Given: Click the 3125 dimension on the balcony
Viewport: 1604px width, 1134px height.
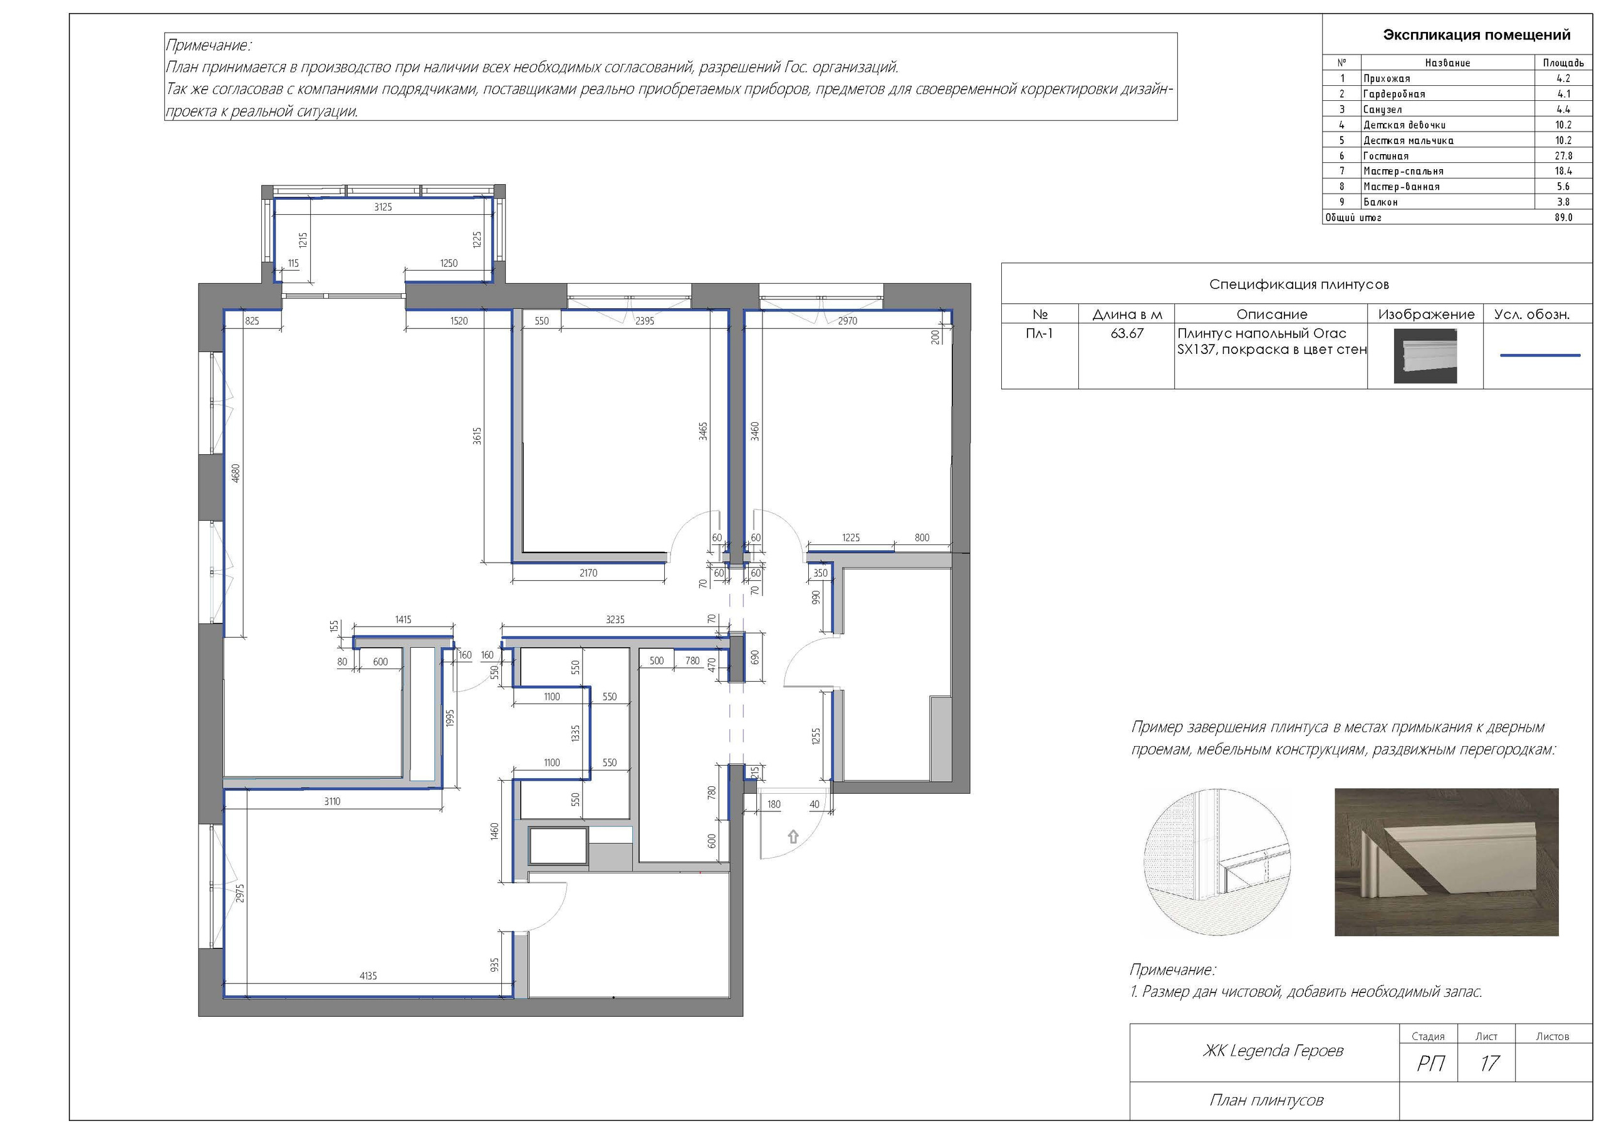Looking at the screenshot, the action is [383, 207].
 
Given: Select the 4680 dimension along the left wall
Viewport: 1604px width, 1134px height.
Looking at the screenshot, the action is [236, 473].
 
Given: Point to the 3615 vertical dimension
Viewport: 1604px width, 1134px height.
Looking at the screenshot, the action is [477, 436].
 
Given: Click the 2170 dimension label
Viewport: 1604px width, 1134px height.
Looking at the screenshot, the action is [588, 573].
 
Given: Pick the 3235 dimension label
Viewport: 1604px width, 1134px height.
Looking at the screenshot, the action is [615, 620].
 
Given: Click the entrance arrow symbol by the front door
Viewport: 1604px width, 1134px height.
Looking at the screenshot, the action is [793, 836].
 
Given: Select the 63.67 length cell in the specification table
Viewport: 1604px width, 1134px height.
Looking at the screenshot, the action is [1127, 334].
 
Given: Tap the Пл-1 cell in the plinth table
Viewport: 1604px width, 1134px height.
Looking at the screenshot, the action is [1039, 334].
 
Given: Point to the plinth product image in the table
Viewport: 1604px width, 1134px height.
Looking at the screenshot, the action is [1425, 356].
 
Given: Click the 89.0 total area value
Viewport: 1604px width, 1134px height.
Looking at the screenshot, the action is [1563, 217].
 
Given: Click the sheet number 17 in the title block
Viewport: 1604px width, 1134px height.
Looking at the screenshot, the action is [1489, 1063].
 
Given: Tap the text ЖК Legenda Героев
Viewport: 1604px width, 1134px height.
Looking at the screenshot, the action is [1273, 1051].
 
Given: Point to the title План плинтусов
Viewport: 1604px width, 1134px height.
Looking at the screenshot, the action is [1266, 1100].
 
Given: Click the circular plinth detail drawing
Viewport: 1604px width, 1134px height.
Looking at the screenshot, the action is [1217, 862].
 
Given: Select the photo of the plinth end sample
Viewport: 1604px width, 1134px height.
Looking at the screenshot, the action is [1446, 862].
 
